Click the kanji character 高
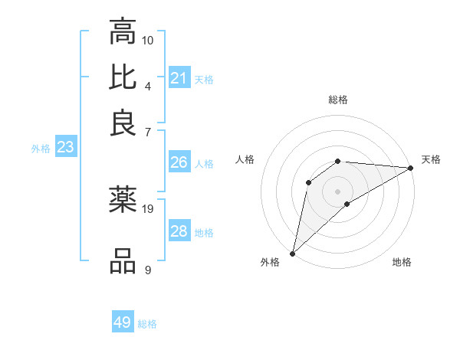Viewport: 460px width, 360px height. click(123, 32)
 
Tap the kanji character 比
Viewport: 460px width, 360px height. click(123, 77)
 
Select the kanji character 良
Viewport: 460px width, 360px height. click(123, 122)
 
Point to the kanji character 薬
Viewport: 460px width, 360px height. click(123, 200)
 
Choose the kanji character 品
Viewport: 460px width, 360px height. click(123, 260)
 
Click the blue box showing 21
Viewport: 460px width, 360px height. click(179, 78)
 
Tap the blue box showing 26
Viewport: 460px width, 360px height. click(179, 162)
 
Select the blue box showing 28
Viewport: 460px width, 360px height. click(179, 231)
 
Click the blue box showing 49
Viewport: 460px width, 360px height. click(123, 322)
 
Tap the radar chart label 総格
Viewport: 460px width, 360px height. click(338, 100)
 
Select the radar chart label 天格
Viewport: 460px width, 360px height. click(432, 159)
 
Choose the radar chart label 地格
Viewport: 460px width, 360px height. click(402, 262)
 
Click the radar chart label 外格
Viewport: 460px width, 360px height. click(270, 262)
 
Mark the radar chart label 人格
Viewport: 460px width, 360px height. click(245, 159)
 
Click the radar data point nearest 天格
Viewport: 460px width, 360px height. click(410, 168)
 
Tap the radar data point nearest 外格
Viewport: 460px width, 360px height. click(292, 254)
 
